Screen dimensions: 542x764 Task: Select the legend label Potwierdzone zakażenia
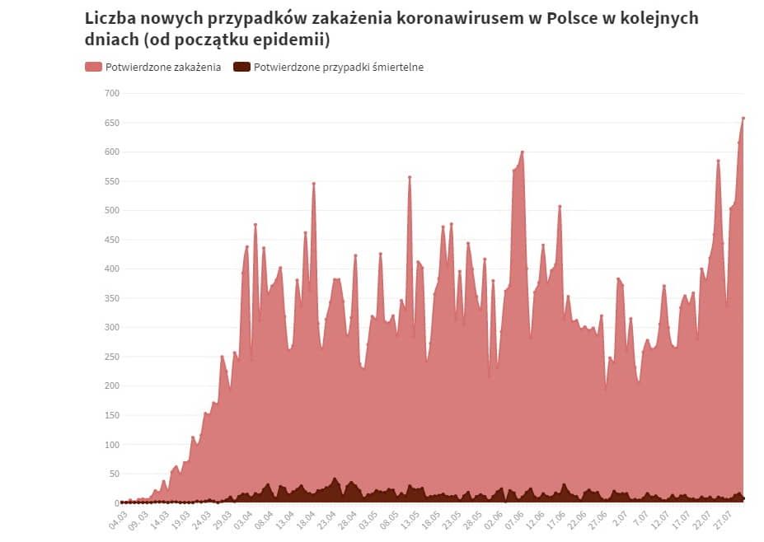coord(163,68)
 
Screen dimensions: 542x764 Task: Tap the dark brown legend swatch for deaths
coord(242,68)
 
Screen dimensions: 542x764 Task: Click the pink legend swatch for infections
coord(93,68)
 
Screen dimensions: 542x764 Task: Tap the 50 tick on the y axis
coord(114,474)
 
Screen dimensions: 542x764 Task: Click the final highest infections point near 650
coord(743,118)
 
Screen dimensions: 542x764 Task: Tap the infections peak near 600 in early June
coord(523,152)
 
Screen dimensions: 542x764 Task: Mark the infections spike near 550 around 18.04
coord(314,183)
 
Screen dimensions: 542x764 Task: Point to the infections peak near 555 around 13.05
coord(410,177)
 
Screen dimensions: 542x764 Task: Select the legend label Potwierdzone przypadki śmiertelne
coord(339,68)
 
